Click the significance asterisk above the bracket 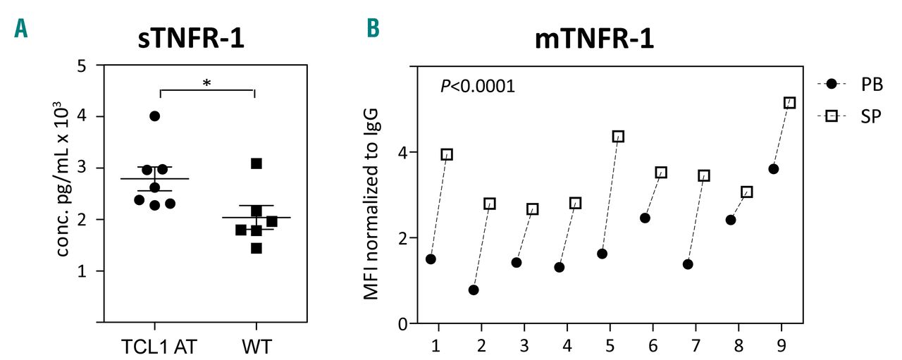[x=206, y=82]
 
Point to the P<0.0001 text [x=478, y=87]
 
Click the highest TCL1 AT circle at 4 [x=155, y=116]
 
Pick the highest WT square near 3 [x=257, y=163]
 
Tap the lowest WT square [x=257, y=248]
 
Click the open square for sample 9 [x=789, y=103]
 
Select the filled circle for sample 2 [x=474, y=290]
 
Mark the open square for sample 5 [x=618, y=137]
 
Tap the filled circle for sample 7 [x=688, y=264]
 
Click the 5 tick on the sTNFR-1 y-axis [x=82, y=65]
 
